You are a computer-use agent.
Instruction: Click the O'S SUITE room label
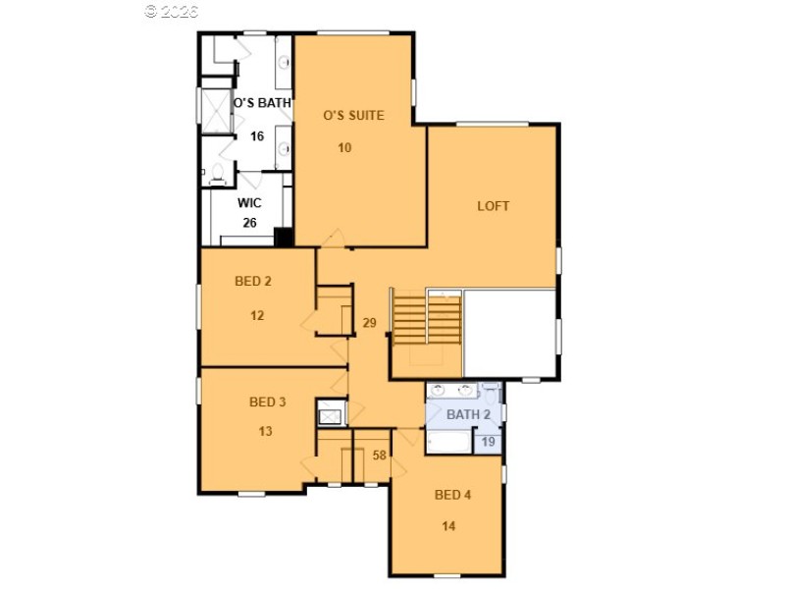(353, 115)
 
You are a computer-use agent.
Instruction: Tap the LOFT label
(493, 206)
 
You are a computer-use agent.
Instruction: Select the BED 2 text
(253, 281)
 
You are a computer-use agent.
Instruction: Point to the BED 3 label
(267, 402)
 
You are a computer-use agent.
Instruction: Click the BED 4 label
(452, 495)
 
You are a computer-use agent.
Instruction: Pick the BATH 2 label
(468, 414)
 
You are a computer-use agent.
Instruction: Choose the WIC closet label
(249, 203)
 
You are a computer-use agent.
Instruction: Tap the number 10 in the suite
(344, 148)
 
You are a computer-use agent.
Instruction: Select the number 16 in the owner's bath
(256, 136)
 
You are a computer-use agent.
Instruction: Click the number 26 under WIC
(249, 222)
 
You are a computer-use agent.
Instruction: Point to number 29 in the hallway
(369, 323)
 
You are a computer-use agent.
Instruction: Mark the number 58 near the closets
(380, 455)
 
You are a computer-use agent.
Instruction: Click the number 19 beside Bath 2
(488, 443)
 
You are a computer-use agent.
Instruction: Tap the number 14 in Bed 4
(448, 526)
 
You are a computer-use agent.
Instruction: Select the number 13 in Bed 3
(265, 431)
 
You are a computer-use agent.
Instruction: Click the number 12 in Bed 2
(256, 316)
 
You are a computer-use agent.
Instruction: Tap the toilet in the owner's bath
(218, 176)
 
